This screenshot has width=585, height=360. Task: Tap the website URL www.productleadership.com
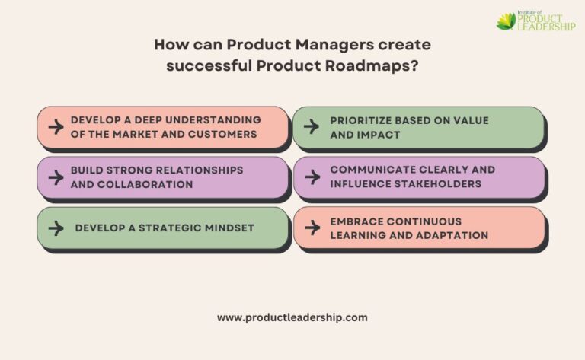click(292, 317)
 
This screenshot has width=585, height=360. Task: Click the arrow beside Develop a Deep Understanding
click(56, 127)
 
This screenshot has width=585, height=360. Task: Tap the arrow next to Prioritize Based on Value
click(311, 127)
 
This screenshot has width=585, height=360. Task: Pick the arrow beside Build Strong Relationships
click(56, 177)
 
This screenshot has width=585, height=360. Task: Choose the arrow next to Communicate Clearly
click(311, 177)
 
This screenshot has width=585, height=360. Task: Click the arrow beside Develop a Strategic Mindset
click(56, 228)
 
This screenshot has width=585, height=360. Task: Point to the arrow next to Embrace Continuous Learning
click(311, 228)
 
